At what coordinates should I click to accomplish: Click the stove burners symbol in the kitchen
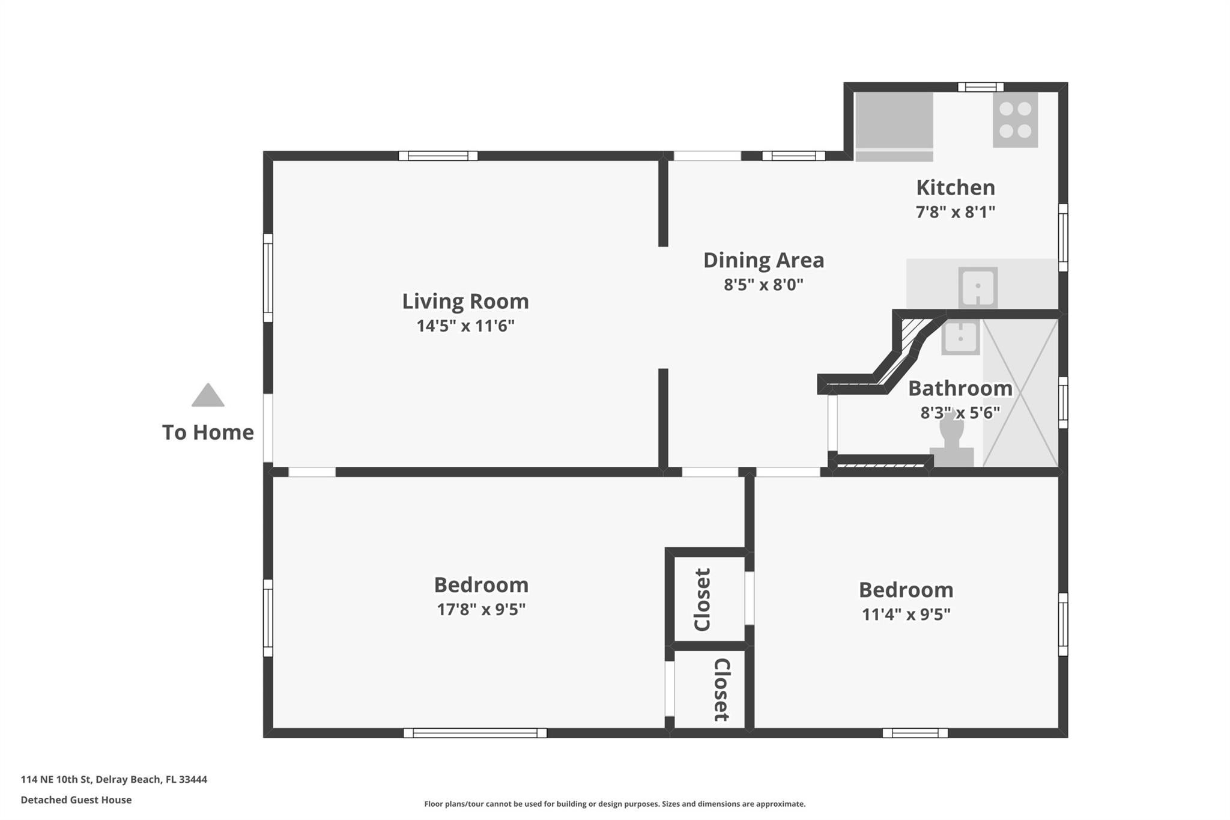(1015, 120)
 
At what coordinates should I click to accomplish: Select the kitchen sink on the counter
(977, 288)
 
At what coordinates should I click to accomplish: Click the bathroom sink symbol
(960, 337)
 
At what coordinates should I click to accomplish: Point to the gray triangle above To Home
(208, 396)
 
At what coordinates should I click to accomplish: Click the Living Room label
(465, 301)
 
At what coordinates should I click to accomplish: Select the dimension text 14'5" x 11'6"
(465, 326)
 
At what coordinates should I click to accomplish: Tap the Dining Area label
(763, 260)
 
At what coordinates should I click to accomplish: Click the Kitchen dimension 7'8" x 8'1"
(955, 212)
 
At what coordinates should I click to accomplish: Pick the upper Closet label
(702, 599)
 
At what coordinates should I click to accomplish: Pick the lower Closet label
(721, 690)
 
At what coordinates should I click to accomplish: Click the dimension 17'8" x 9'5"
(481, 610)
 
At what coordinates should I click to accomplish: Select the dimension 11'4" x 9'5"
(906, 615)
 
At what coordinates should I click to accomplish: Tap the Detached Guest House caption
(76, 800)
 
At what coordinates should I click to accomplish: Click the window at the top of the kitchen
(980, 87)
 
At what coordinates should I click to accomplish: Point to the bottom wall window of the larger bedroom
(475, 733)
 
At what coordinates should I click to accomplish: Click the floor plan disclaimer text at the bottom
(614, 804)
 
